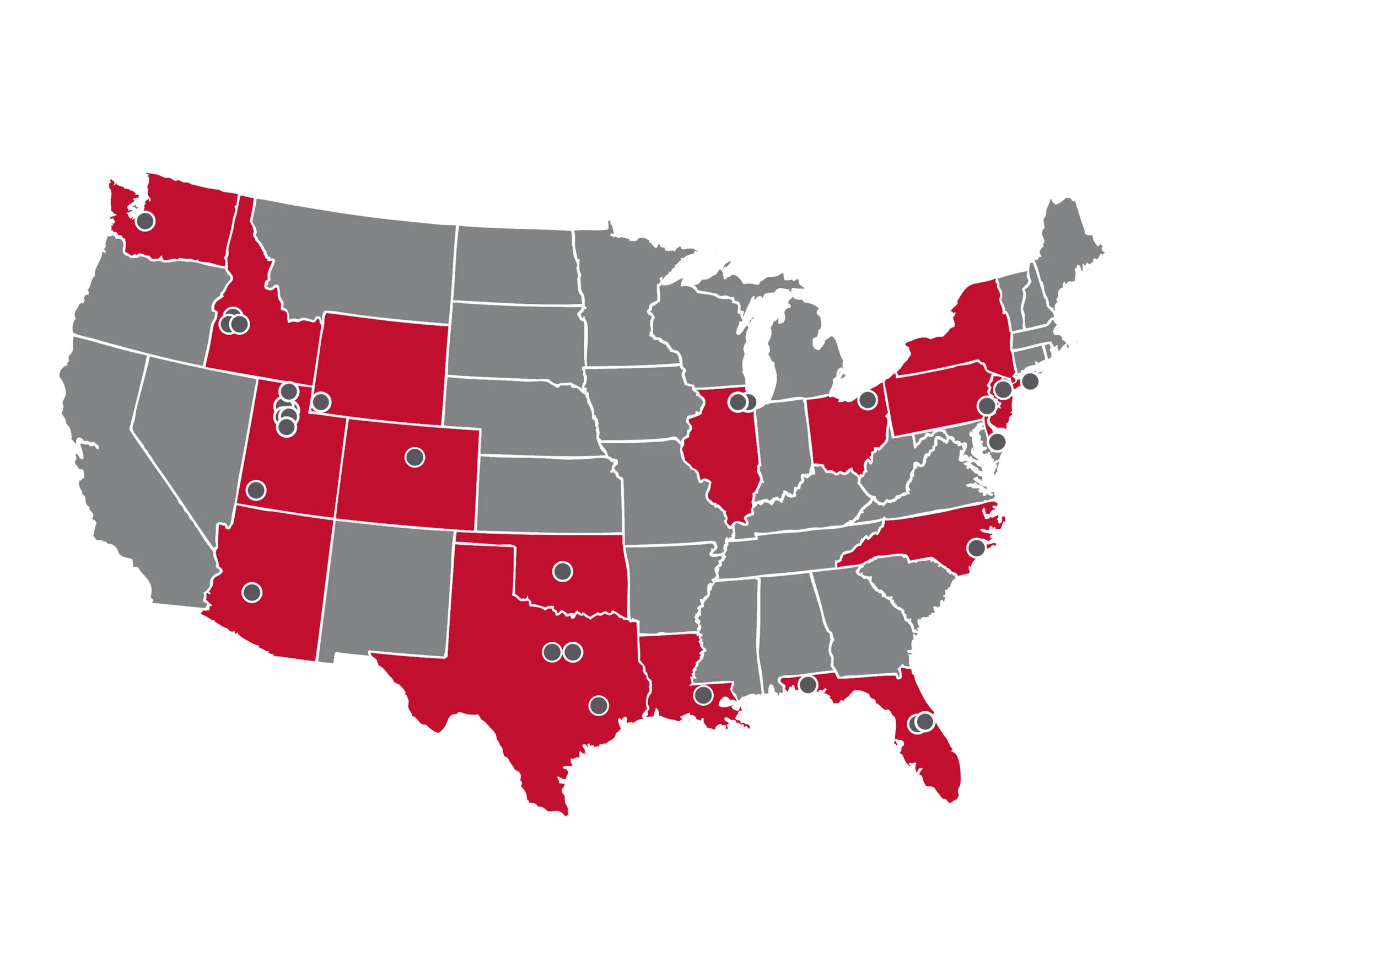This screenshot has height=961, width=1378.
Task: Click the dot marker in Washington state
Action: [144, 221]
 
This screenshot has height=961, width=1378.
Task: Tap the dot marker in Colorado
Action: [415, 458]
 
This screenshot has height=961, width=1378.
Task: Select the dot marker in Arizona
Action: [252, 593]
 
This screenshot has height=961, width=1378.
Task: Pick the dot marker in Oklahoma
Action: [562, 571]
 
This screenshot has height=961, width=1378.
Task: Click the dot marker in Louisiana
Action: [703, 695]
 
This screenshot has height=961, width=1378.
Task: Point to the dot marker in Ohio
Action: [867, 400]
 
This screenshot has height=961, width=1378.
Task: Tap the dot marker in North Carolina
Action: [977, 547]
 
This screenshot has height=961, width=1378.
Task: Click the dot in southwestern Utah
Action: [256, 490]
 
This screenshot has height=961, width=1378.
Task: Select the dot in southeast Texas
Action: [599, 705]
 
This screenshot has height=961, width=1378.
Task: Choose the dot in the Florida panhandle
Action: [808, 684]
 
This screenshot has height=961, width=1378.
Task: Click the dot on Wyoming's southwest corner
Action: [321, 401]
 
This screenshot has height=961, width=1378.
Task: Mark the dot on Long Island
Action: [1030, 380]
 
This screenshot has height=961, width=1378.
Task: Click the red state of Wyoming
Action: [381, 366]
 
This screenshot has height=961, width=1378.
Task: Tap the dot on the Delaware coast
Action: [997, 442]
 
